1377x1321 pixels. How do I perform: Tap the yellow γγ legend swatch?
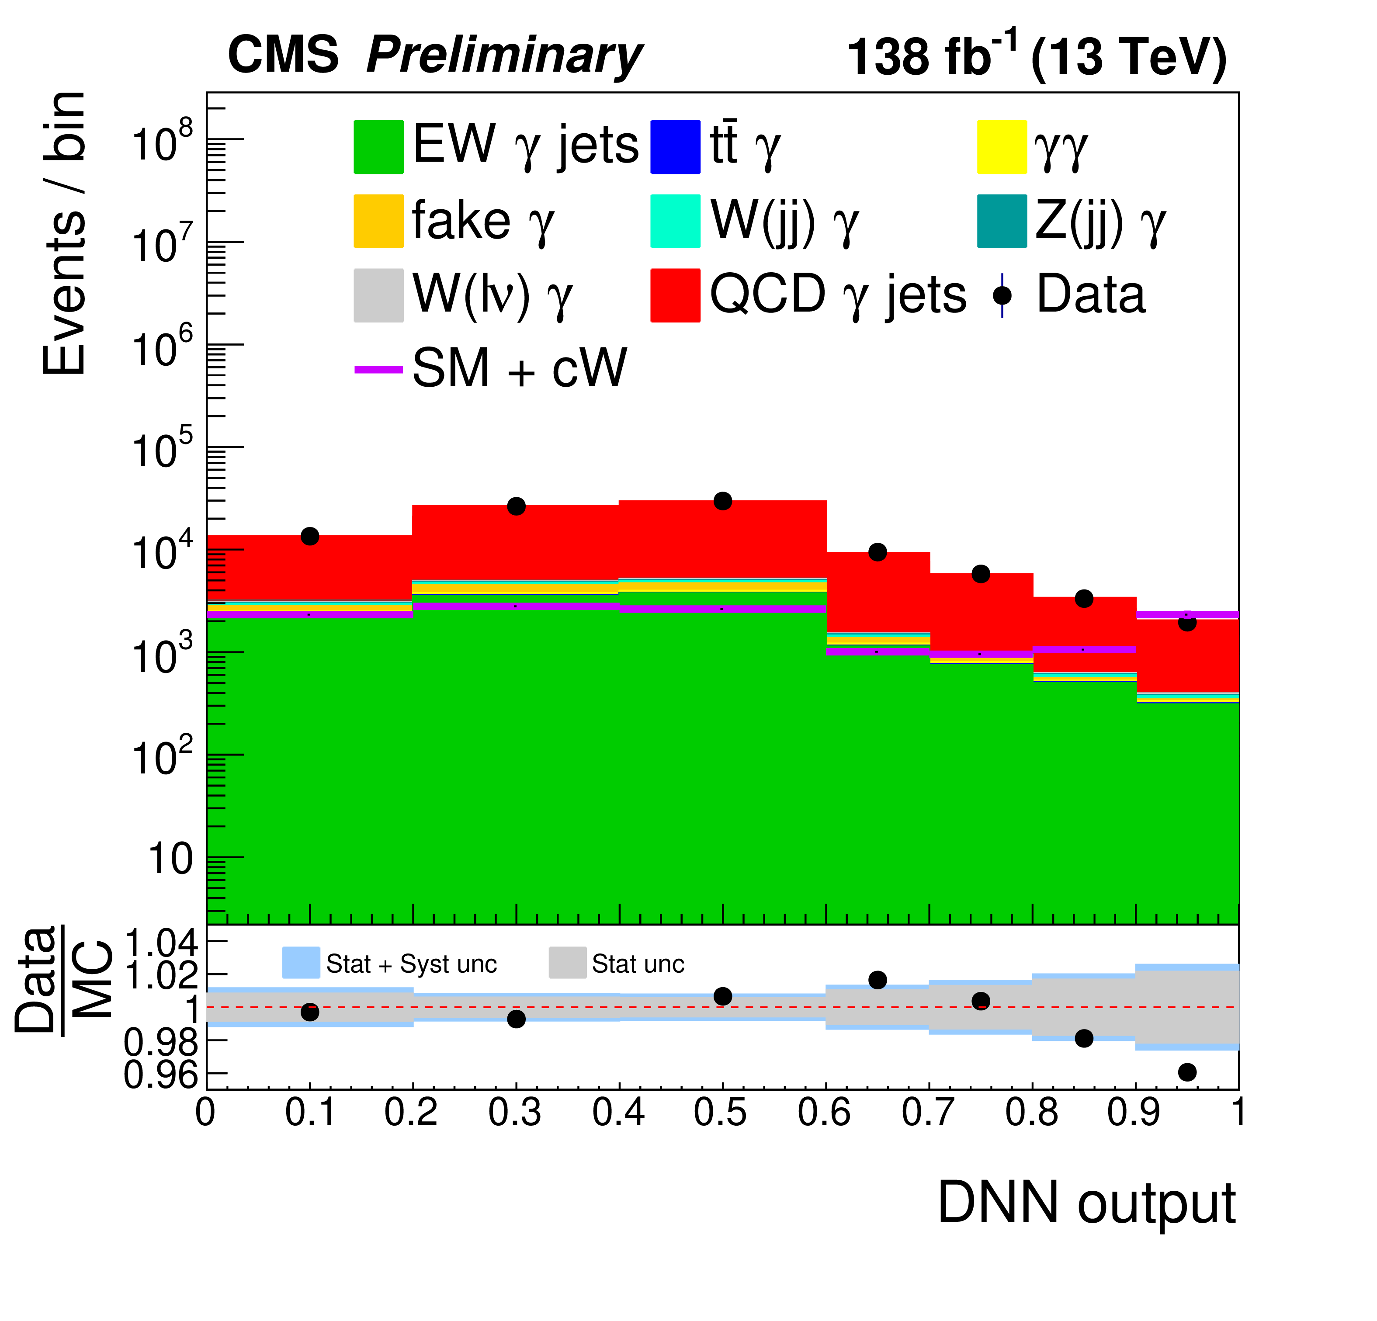click(1002, 147)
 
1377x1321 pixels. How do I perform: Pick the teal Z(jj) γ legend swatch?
click(1002, 222)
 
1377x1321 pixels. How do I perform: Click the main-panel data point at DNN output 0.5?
click(722, 501)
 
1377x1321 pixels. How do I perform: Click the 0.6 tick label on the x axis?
click(825, 1112)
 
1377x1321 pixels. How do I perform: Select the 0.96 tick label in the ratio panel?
click(161, 1075)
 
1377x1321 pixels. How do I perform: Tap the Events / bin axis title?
click(65, 233)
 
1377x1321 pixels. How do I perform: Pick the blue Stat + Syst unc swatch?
click(301, 963)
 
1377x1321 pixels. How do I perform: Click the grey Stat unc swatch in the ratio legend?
click(567, 963)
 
